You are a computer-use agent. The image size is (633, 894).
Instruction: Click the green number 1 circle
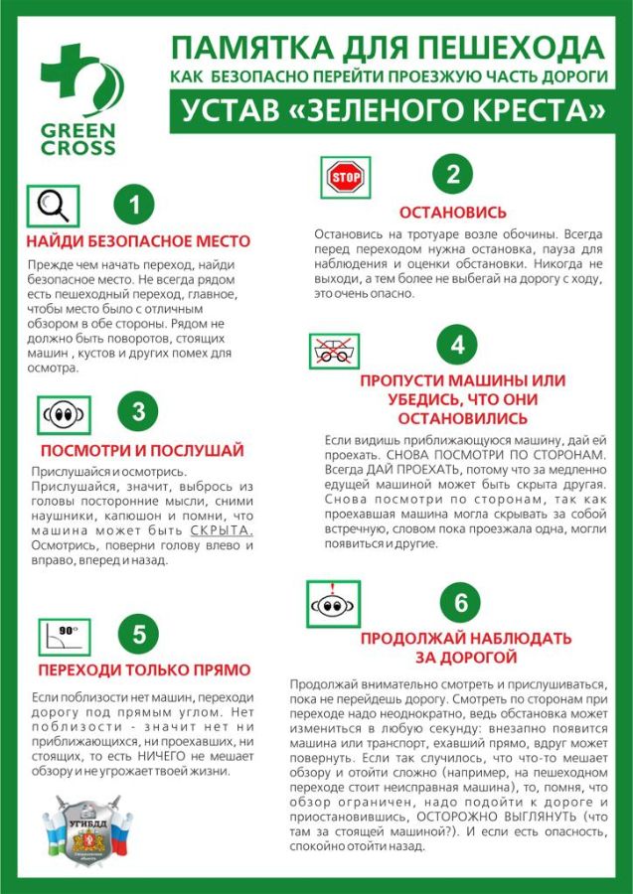135,206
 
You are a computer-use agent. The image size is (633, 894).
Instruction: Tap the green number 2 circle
453,176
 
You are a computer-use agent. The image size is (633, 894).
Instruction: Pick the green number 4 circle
457,345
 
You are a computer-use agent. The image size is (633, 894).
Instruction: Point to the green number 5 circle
139,633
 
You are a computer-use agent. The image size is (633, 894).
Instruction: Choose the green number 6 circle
460,603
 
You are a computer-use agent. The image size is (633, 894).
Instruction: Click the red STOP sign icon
347,179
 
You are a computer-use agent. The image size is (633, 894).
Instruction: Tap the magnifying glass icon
51,206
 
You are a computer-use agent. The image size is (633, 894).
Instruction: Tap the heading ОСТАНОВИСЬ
452,213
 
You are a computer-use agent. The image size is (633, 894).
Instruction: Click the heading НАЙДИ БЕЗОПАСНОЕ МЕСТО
138,241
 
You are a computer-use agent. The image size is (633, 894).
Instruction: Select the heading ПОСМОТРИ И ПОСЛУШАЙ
141,450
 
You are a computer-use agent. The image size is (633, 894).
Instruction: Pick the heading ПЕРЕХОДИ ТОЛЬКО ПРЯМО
144,670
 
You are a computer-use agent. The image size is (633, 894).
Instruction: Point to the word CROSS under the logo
79,148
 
